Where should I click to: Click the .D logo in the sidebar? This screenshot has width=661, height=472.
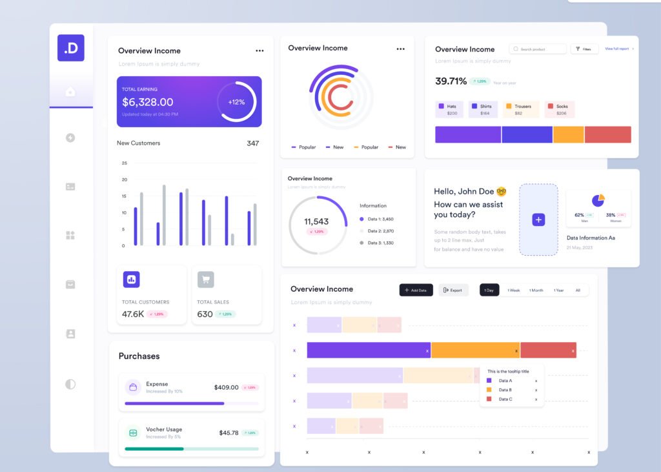[x=71, y=48]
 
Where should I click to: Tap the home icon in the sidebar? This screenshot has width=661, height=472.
[x=70, y=92]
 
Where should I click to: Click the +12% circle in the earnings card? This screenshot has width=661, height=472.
[x=236, y=102]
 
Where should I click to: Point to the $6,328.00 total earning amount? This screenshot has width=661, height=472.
[x=148, y=102]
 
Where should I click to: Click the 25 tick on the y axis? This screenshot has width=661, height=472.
[x=125, y=163]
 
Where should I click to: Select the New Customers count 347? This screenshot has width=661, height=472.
[x=252, y=143]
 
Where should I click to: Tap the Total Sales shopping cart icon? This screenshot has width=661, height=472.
[x=205, y=280]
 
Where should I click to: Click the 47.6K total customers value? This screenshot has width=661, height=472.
[x=133, y=314]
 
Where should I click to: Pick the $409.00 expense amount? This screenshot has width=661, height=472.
[x=226, y=387]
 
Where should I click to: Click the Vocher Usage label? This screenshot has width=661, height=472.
[x=164, y=429]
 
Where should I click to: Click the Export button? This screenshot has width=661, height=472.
[x=453, y=291]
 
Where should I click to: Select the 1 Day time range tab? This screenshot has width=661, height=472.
[x=489, y=291]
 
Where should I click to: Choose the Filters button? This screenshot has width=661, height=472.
[x=584, y=49]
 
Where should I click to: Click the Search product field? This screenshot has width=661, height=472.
[x=538, y=49]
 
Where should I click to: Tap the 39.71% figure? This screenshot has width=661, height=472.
[x=451, y=81]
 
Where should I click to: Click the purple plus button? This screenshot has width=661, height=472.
[x=538, y=220]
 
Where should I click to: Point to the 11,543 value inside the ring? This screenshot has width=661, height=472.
[x=316, y=221]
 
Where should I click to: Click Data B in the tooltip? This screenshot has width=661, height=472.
[x=505, y=390]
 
